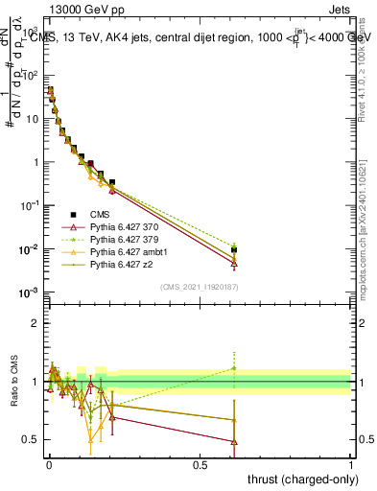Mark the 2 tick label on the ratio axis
coord(35,323)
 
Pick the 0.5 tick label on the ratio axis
coord(31,440)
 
